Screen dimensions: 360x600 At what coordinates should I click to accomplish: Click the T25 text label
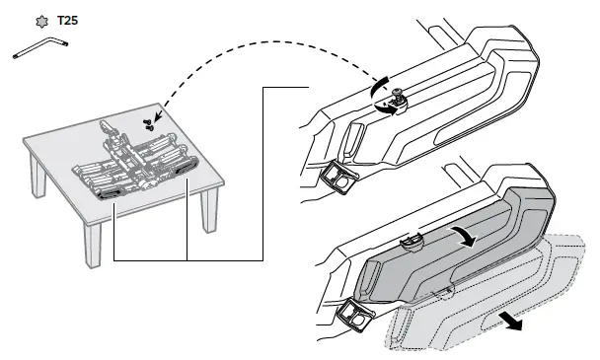67,20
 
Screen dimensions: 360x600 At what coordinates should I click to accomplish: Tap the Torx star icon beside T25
40,20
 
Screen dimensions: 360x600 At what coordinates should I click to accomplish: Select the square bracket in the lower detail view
352,314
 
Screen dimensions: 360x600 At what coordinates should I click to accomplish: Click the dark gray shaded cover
454,247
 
